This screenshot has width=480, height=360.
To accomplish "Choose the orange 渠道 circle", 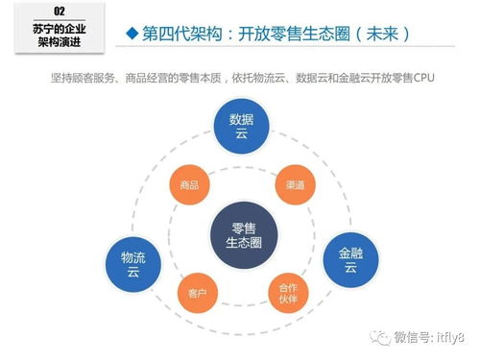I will [x=295, y=183].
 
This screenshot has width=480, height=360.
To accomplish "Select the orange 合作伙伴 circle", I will [x=288, y=292].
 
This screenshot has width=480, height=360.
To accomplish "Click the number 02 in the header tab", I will [x=59, y=11].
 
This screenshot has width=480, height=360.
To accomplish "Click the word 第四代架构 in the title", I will [x=179, y=35].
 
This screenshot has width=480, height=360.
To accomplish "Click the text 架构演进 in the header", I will [x=59, y=43].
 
